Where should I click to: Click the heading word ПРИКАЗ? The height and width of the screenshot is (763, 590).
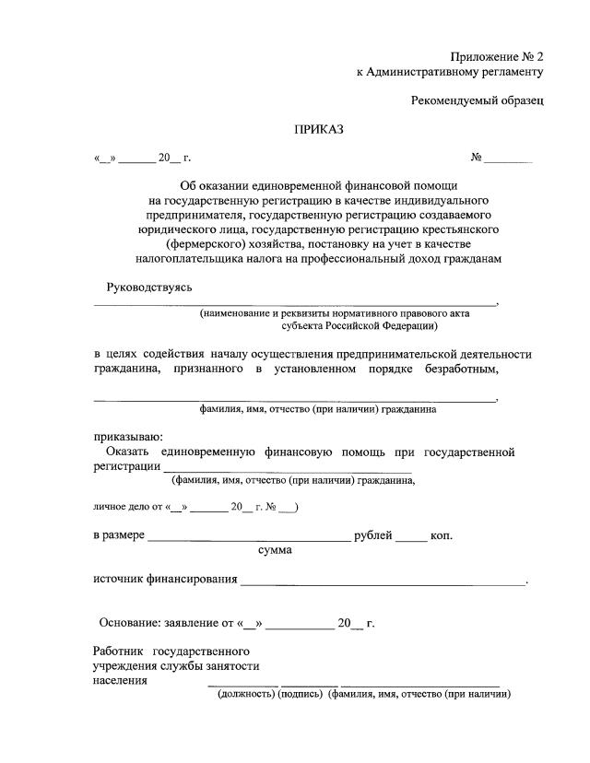(318, 130)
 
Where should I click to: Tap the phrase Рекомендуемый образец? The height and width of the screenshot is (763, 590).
(478, 100)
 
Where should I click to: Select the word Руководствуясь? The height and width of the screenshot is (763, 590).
(149, 288)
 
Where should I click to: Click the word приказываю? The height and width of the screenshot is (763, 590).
(128, 436)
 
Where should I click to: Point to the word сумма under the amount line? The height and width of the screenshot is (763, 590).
(276, 550)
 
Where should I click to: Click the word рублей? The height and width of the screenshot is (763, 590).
(373, 535)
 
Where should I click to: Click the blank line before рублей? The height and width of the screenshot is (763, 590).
(249, 537)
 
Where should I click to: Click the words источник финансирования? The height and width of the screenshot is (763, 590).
(165, 580)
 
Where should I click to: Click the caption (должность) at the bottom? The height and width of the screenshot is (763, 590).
(246, 694)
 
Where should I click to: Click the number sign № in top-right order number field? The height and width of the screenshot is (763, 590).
(477, 158)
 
